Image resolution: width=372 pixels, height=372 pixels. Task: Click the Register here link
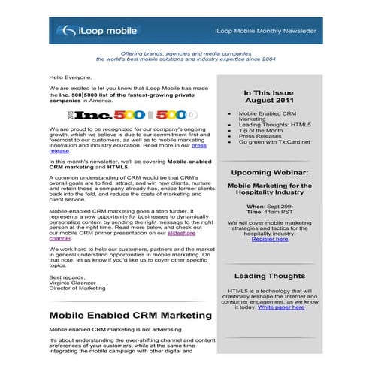click(x=269, y=239)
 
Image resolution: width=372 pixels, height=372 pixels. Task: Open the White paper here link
click(x=280, y=307)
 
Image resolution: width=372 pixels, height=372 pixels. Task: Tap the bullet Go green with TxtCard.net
click(x=274, y=142)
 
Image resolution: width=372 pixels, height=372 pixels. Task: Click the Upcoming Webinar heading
click(x=268, y=172)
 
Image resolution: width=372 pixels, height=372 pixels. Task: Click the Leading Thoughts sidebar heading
click(x=268, y=277)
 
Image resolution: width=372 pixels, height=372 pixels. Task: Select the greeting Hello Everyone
click(x=71, y=77)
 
